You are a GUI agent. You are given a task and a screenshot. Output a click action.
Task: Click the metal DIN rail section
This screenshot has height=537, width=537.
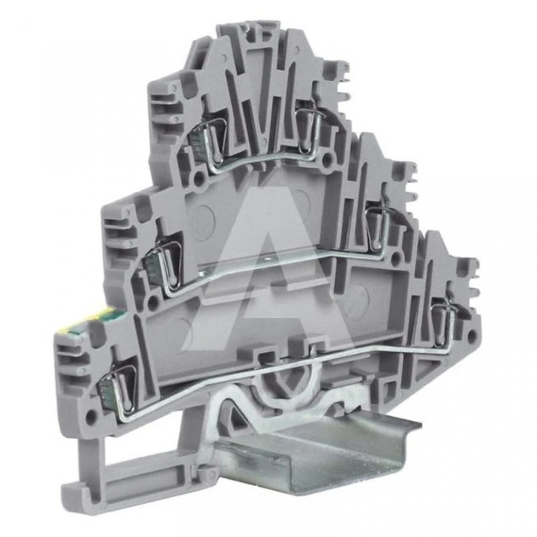[x=318, y=456]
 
